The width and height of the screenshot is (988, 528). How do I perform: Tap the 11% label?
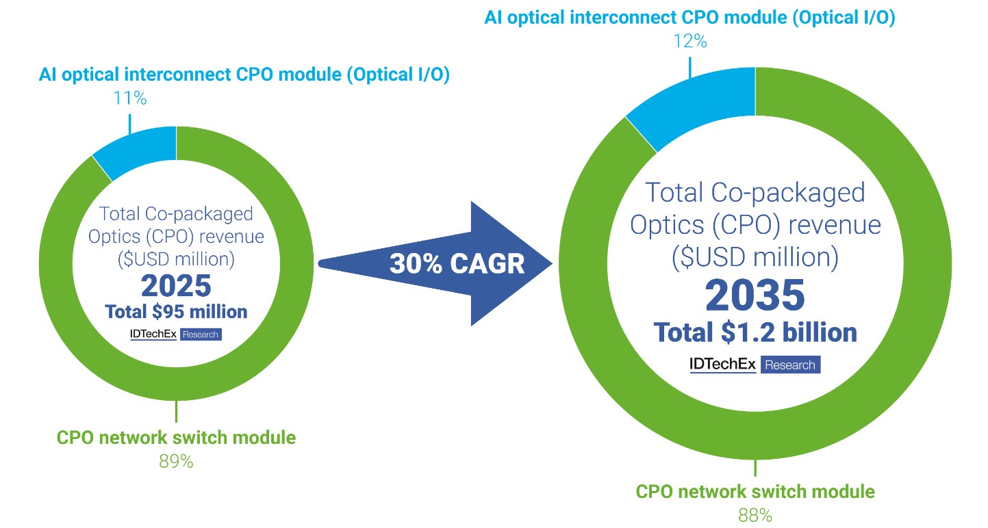[x=129, y=98]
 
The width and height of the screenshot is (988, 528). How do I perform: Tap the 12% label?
[x=690, y=42]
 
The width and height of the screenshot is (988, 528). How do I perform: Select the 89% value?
[x=176, y=462]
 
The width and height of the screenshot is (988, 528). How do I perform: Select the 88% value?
[x=755, y=515]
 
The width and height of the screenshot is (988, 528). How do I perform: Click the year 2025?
[x=176, y=286]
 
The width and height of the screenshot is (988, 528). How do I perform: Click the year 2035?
[x=755, y=295]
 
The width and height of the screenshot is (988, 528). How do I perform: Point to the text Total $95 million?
[x=176, y=312]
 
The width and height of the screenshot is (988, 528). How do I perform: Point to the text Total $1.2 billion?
[x=755, y=332]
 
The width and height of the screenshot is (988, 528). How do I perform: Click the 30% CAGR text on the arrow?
[x=457, y=264]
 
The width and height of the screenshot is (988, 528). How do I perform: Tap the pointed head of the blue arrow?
[x=552, y=264]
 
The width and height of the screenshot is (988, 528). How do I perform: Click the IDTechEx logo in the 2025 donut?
[x=153, y=334]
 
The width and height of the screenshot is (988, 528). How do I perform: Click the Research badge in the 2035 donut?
[x=790, y=365]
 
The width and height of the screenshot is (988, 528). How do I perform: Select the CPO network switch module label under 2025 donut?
[x=176, y=438]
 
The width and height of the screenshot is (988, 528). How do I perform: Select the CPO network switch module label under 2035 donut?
[x=755, y=492]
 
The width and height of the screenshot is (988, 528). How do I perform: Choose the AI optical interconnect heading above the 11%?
[x=244, y=75]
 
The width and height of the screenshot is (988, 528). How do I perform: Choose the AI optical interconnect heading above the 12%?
[x=690, y=18]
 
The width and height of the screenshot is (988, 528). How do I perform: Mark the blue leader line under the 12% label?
[x=690, y=69]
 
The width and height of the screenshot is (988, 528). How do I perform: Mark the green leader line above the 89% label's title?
[x=177, y=411]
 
